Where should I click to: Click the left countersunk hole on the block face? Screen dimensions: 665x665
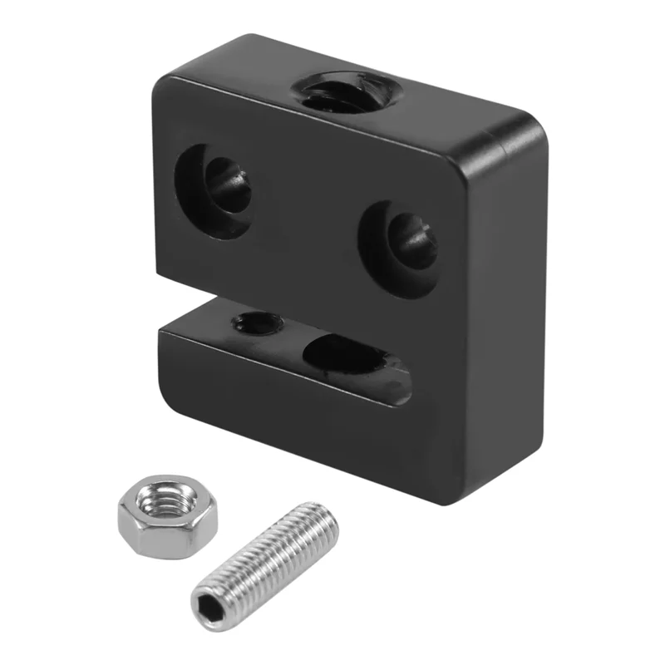click(x=214, y=190)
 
